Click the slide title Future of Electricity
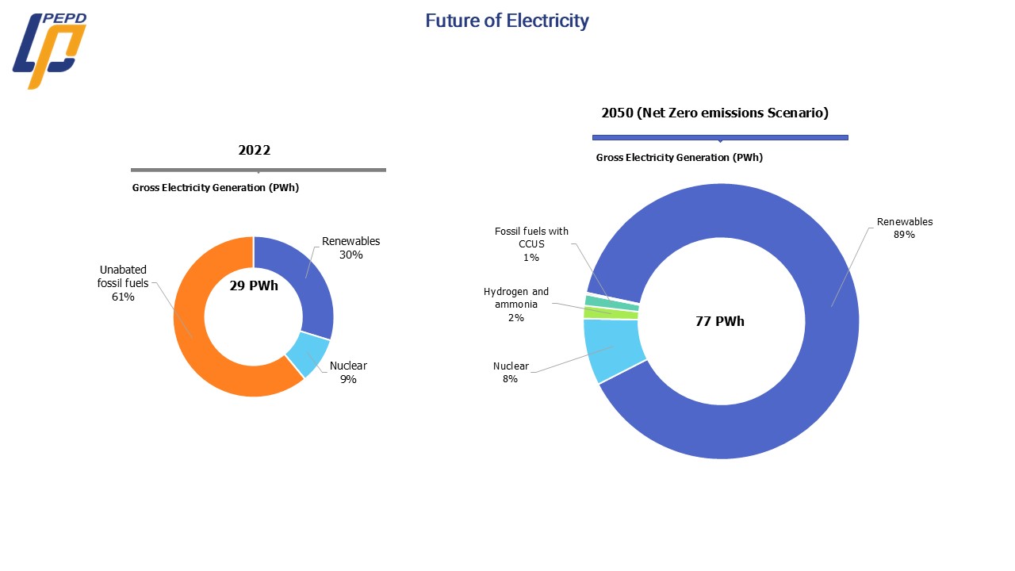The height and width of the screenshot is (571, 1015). [507, 21]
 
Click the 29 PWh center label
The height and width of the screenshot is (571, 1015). [254, 286]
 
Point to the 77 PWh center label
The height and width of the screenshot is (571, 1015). [720, 321]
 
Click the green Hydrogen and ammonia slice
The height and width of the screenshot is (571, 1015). [611, 313]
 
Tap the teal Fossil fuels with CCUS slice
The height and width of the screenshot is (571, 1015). [611, 302]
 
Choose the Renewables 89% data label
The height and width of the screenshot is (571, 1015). [904, 228]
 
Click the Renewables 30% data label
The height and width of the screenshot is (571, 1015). [350, 248]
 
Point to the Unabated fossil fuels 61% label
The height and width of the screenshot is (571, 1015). [123, 283]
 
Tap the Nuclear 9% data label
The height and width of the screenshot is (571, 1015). [348, 373]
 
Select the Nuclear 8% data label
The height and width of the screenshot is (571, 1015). [510, 373]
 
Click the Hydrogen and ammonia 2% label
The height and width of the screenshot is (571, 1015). [516, 305]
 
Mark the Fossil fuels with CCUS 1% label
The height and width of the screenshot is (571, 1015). [531, 244]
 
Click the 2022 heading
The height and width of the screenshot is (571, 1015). [255, 150]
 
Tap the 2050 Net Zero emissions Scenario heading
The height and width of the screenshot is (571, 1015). [714, 113]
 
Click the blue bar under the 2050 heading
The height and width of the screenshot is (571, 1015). [720, 138]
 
